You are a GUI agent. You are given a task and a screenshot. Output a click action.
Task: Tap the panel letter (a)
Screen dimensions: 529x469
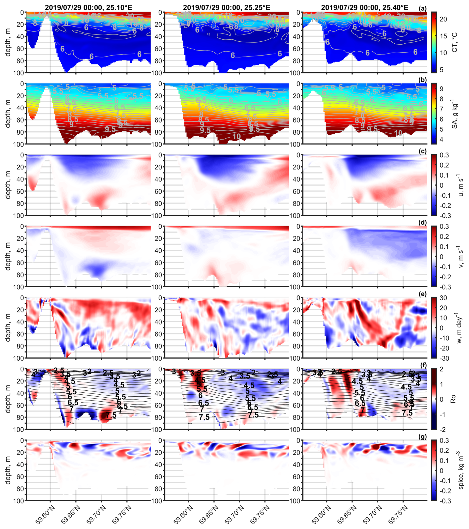[423, 8]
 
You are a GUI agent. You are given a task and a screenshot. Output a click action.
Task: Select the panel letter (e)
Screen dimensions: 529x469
[423, 294]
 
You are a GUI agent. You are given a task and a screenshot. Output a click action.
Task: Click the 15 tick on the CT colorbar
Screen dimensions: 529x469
[443, 36]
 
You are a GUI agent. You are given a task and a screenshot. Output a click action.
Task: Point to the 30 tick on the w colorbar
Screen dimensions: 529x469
[443, 298]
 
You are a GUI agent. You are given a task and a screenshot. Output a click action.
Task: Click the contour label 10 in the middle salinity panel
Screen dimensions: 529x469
[236, 136]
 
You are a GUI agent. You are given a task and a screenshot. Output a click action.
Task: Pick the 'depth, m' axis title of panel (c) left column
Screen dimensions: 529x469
[8, 185]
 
